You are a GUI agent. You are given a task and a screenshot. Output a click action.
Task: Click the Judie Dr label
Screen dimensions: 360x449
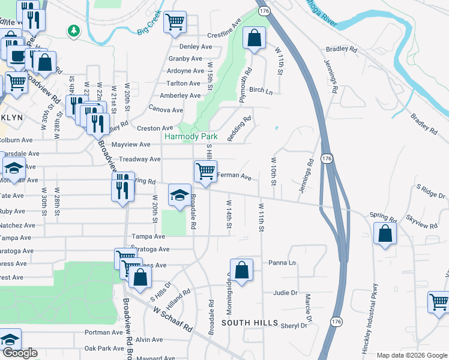[285, 293]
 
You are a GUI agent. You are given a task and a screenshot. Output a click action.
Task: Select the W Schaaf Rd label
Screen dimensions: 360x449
[172, 319]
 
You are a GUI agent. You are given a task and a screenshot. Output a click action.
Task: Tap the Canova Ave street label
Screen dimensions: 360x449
[169, 110]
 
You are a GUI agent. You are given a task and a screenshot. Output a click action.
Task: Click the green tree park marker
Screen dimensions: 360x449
[74, 30]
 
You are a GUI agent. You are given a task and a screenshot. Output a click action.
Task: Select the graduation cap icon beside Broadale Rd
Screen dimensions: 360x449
[179, 195]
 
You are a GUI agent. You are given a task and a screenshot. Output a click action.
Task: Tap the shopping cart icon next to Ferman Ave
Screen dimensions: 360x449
[205, 172]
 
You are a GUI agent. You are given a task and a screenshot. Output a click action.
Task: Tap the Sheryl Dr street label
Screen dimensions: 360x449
[294, 325]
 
